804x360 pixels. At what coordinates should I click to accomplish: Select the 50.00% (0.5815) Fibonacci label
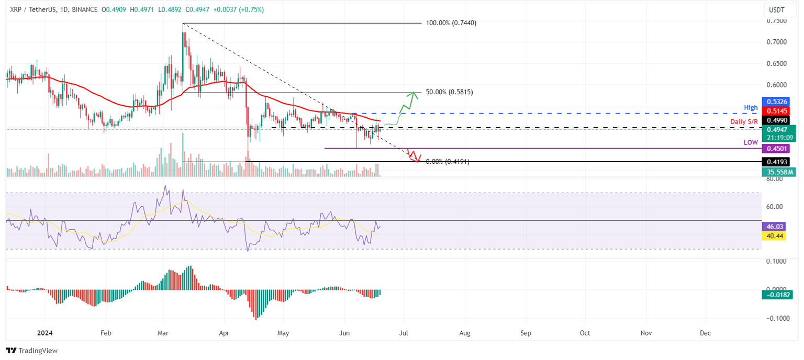tap(449, 92)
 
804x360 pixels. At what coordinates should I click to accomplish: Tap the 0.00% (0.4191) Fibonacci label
tap(447, 162)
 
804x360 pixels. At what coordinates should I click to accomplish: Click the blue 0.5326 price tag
tap(777, 102)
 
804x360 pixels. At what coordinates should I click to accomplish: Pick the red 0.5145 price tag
tap(777, 111)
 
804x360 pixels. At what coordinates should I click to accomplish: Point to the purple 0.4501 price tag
tap(777, 149)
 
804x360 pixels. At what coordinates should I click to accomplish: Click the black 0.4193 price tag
tap(777, 162)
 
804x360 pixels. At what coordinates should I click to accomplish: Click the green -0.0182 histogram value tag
tap(777, 295)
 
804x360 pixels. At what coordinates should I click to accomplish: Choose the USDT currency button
tap(776, 9)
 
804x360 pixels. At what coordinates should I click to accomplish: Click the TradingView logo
tap(32, 351)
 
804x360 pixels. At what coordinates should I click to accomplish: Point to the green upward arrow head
tap(414, 95)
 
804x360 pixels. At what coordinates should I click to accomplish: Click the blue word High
tap(751, 108)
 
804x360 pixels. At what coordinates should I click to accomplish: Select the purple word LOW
tap(751, 142)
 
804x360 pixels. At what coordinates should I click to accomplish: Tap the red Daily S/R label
tap(744, 122)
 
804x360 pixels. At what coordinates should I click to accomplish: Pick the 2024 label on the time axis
tap(45, 333)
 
